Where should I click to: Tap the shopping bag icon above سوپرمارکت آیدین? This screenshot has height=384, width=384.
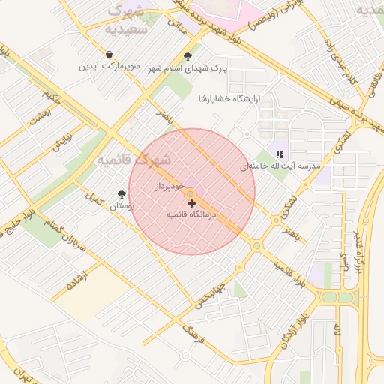[109, 55]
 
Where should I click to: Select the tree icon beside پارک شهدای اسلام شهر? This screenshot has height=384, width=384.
[187, 56]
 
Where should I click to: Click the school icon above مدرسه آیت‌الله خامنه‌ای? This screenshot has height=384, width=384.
[280, 154]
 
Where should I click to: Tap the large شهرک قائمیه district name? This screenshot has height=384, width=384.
[133, 160]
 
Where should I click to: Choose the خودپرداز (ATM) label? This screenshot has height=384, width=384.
[170, 185]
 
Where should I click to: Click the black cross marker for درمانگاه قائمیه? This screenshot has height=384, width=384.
[191, 203]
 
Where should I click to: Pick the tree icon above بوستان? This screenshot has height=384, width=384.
[121, 194]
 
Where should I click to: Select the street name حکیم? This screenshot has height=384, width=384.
[47, 97]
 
